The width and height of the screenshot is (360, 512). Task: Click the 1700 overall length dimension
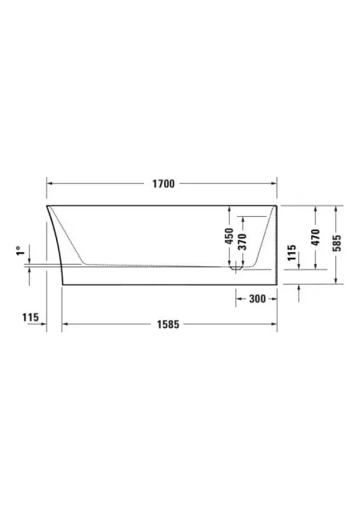[163, 184]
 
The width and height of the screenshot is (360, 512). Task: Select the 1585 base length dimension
[168, 324]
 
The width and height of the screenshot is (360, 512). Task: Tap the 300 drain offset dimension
[258, 298]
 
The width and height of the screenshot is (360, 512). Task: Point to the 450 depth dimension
[230, 236]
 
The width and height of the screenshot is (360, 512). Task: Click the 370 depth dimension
[242, 242]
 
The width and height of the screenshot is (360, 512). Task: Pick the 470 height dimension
[315, 238]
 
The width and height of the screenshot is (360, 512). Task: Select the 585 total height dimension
[337, 243]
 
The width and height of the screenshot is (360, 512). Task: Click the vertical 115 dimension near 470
[291, 253]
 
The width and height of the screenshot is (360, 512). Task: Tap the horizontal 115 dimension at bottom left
[30, 317]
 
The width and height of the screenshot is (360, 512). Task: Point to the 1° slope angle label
[20, 251]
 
